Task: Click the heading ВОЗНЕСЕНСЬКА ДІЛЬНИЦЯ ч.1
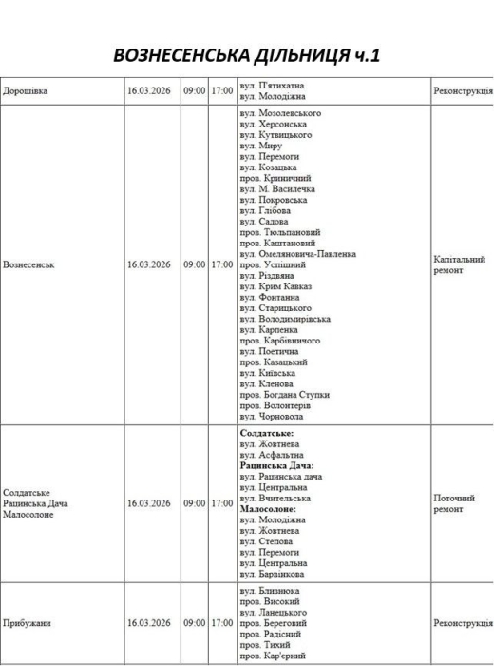246,54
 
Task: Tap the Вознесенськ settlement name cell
29,264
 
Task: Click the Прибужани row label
27,623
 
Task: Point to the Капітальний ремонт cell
460,264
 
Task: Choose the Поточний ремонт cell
454,503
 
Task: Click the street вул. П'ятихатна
273,86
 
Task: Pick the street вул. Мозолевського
280,113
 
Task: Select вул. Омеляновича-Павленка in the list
297,254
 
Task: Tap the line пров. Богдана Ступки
284,394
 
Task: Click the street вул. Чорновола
271,416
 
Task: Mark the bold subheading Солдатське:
266,433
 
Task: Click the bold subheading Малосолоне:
272,509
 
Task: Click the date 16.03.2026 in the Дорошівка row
148,91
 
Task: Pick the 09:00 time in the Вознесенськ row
194,264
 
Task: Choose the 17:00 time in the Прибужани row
222,623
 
